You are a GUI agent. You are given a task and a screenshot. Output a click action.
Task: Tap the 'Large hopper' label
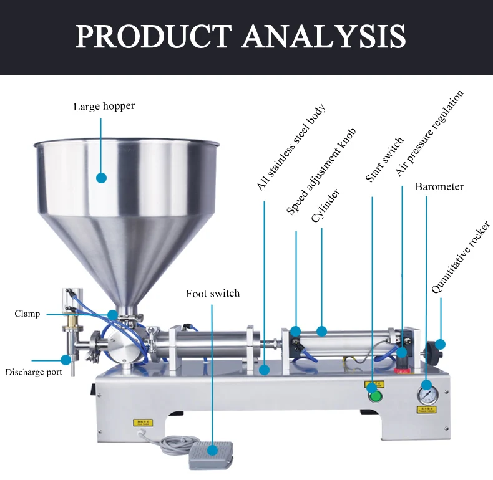[104, 106]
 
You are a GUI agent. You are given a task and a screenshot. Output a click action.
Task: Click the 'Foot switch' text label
[213, 293]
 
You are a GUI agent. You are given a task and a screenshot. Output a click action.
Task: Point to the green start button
[374, 396]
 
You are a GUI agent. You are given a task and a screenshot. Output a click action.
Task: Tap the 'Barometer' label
[439, 186]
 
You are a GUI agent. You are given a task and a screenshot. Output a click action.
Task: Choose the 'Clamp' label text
[27, 314]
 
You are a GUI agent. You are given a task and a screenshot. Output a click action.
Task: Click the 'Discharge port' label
[34, 372]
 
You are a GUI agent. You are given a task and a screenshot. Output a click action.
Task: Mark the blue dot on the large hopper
[102, 178]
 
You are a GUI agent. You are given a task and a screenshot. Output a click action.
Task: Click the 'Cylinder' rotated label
[325, 206]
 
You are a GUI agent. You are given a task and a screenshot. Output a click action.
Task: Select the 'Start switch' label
[384, 160]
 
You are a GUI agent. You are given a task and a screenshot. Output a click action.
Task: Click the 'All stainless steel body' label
[291, 148]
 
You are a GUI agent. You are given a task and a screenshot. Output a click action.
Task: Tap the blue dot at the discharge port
[66, 360]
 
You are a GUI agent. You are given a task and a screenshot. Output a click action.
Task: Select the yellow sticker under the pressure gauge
[427, 410]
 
